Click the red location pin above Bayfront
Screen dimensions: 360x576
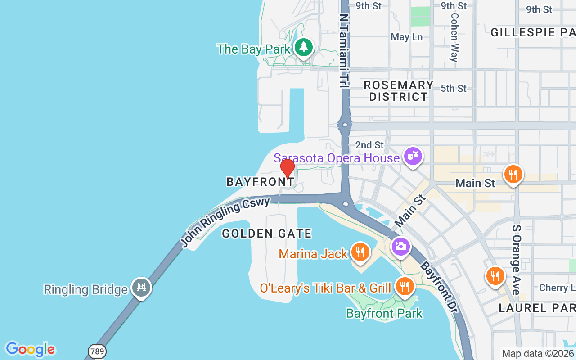[x=287, y=169]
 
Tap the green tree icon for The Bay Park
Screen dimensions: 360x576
[x=304, y=47]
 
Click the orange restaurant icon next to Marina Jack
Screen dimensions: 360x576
[x=360, y=252]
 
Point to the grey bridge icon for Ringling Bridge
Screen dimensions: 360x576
[x=141, y=287]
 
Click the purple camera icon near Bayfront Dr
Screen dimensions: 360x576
[x=400, y=247]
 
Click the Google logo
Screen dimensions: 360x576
[x=30, y=349]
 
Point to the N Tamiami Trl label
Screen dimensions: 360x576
[x=344, y=49]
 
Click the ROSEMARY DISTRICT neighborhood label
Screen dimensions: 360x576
[x=398, y=91]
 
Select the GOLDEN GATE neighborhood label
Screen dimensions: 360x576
[x=267, y=234]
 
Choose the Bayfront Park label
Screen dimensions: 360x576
[x=384, y=313]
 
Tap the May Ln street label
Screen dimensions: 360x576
[x=406, y=37]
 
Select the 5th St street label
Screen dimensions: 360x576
[x=454, y=89]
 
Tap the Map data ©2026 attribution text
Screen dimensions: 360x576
[x=538, y=353]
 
